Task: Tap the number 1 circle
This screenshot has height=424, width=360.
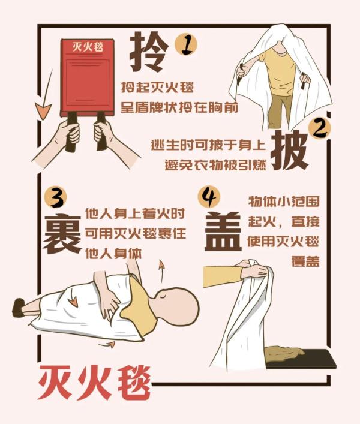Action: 187,44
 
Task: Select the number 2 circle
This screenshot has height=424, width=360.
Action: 319,128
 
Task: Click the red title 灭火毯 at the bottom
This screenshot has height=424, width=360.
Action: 94,381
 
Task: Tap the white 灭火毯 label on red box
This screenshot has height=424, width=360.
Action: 86,47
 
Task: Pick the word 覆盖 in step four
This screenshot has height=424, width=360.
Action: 306,262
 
